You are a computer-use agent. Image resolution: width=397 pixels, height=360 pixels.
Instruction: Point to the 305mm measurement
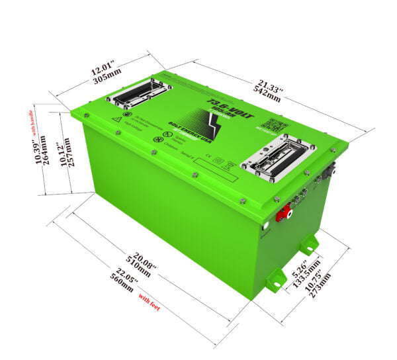tap(103, 77)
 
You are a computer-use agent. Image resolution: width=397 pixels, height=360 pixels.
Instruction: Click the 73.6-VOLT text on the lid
tap(225, 106)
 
